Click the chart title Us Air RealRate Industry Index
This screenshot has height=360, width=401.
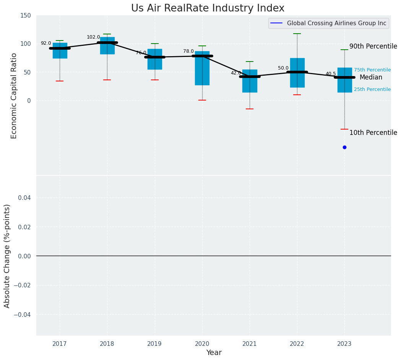click(x=208, y=8)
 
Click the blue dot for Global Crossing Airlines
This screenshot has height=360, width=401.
click(x=344, y=147)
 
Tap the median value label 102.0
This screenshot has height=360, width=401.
click(x=93, y=37)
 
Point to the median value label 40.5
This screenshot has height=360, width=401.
click(x=331, y=74)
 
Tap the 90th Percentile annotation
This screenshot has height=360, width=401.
click(x=373, y=46)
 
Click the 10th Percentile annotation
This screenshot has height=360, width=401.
click(x=373, y=133)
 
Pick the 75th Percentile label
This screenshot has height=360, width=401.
click(x=372, y=70)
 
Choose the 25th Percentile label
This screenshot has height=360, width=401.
click(x=372, y=89)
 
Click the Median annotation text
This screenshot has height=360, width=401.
click(x=371, y=77)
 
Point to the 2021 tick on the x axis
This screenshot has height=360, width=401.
click(x=250, y=344)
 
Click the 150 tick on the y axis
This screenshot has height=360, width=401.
click(x=26, y=15)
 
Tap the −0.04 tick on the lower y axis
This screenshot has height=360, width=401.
click(x=23, y=315)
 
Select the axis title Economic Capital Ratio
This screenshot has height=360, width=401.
click(x=14, y=96)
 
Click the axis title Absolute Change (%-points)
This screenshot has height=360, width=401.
click(x=7, y=256)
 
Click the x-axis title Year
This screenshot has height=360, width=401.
click(x=214, y=353)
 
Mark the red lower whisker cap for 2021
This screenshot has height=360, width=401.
click(x=250, y=109)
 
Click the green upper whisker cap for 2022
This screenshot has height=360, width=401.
click(x=297, y=34)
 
